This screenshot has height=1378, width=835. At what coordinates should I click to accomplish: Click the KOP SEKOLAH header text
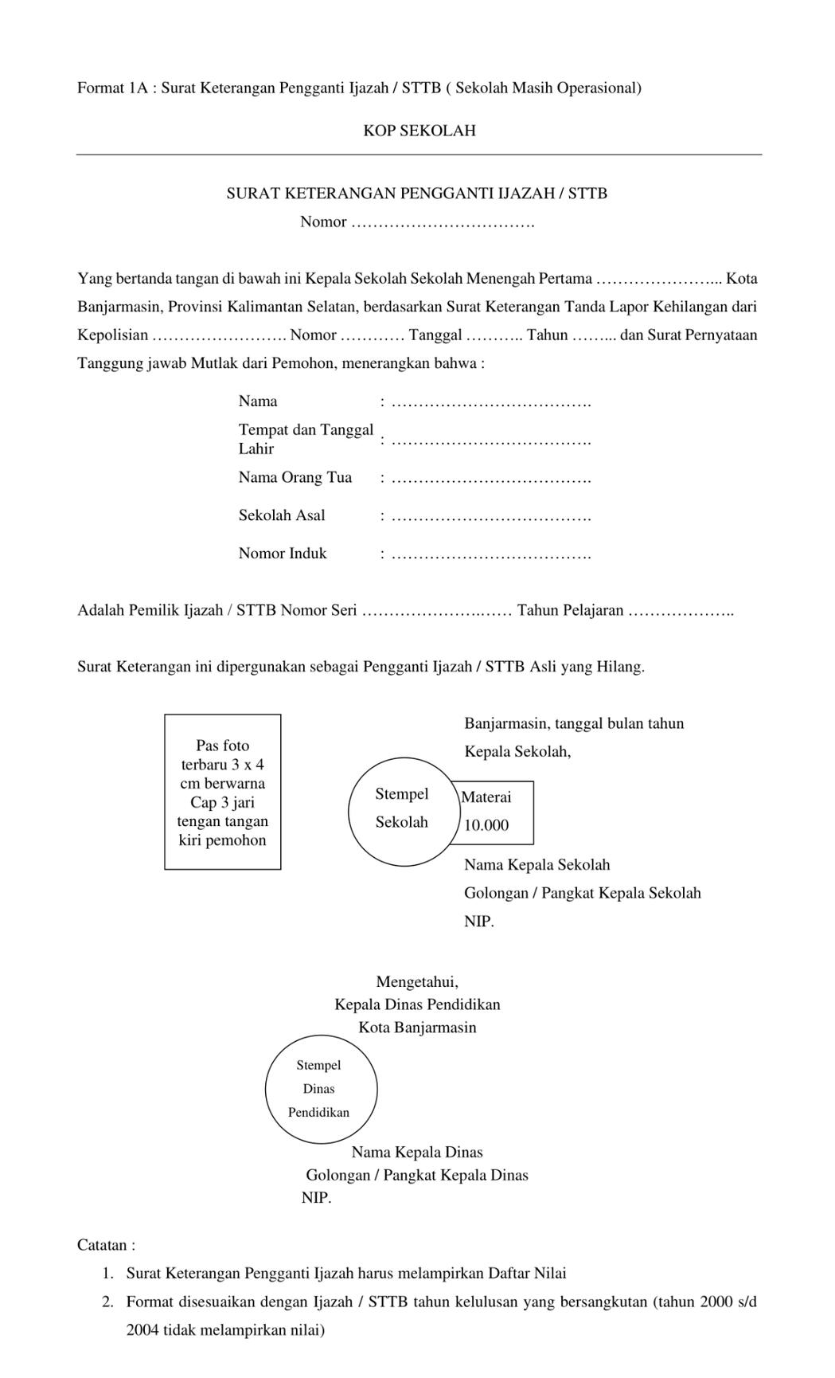[419, 131]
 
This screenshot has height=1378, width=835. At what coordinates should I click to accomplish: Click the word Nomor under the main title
[323, 222]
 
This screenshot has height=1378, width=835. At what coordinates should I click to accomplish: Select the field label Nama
[258, 401]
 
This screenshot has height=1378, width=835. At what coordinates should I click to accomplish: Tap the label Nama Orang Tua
[295, 478]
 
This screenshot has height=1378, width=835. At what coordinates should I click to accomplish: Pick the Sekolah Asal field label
[282, 516]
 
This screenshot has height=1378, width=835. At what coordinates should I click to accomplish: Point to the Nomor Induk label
[283, 554]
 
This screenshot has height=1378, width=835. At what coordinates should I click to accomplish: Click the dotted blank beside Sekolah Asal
[491, 517]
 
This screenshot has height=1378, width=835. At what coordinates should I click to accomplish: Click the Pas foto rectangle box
[223, 792]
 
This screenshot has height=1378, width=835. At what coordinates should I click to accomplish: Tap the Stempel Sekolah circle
[401, 810]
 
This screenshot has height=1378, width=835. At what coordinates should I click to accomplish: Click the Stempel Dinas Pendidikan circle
[320, 1089]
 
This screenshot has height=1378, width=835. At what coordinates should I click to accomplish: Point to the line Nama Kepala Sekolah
[537, 865]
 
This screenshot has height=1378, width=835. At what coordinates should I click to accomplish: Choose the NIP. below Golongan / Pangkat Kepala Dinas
[316, 1198]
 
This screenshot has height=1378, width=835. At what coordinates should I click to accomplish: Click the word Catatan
[106, 1245]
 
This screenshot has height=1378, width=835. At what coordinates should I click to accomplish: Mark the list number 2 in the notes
[107, 1302]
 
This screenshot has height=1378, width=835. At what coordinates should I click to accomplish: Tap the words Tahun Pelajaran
[570, 611]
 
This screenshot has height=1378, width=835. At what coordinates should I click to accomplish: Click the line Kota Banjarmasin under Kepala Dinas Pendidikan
[417, 1028]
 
